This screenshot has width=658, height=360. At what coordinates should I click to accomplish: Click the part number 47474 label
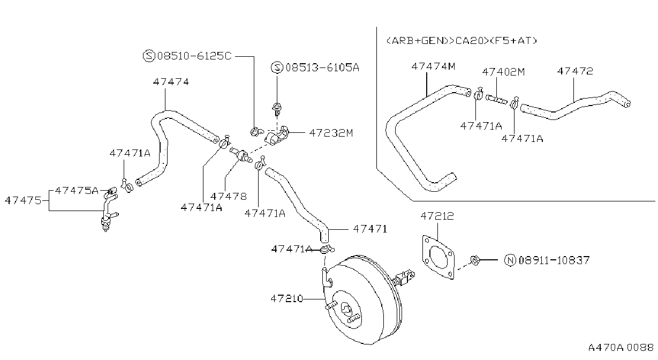tap(171, 82)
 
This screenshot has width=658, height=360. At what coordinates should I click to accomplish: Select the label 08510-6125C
tap(194, 56)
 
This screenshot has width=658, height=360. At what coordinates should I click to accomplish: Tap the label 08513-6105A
tap(322, 67)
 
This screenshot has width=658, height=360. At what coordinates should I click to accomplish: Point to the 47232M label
tap(331, 133)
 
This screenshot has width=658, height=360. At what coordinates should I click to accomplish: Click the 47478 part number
tap(229, 196)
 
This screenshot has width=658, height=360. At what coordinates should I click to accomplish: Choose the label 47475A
tap(77, 190)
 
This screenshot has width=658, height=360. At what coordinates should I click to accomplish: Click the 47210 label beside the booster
tap(286, 298)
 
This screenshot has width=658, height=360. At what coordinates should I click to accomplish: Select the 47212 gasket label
tap(437, 216)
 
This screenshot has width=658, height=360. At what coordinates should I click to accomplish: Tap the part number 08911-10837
tap(554, 260)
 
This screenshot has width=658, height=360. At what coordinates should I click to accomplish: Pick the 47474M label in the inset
tap(433, 66)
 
